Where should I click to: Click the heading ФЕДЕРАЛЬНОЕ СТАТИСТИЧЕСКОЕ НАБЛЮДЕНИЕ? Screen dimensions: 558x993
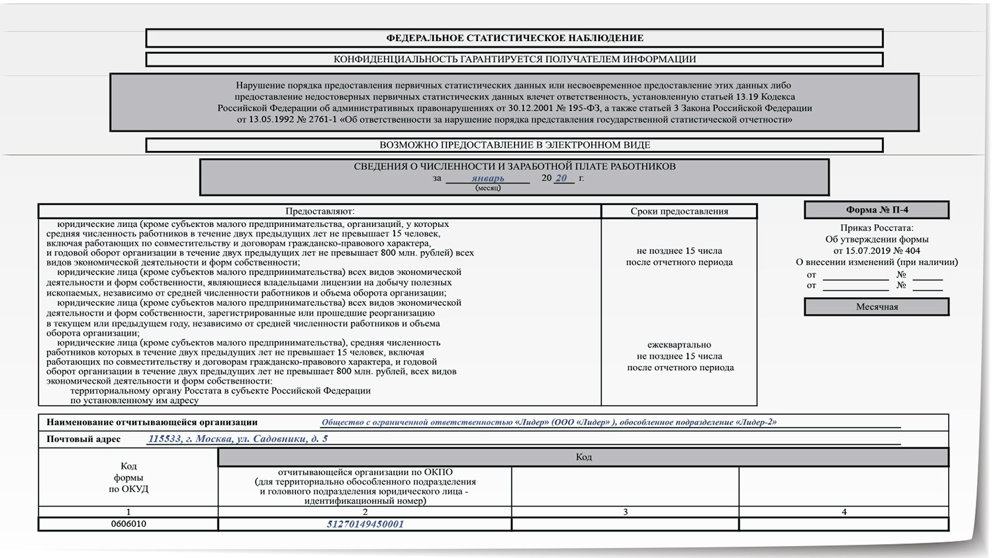tap(514, 38)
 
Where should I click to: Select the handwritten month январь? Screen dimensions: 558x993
tap(488, 178)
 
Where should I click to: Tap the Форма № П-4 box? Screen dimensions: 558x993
tap(876, 210)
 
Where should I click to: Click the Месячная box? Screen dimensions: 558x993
tap(876, 306)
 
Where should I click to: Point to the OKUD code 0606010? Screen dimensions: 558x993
tap(128, 524)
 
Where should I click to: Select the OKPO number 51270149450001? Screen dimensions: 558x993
tap(365, 524)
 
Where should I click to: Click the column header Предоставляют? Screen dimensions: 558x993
tap(320, 211)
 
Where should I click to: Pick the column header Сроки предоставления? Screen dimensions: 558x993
tap(679, 211)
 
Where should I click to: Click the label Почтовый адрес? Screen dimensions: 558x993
tap(83, 439)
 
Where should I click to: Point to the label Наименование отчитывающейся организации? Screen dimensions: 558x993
tap(152, 422)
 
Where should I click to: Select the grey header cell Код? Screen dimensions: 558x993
tap(583, 457)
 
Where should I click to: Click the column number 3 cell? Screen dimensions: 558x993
tap(625, 512)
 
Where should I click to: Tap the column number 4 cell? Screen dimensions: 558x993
tap(843, 512)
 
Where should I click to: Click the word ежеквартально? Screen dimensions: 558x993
tap(679, 345)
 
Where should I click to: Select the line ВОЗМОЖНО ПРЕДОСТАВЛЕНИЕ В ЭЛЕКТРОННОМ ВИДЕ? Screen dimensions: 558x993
tap(514, 145)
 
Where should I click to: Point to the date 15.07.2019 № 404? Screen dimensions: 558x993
tap(876, 251)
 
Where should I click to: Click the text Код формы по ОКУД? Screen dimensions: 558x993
tap(128, 477)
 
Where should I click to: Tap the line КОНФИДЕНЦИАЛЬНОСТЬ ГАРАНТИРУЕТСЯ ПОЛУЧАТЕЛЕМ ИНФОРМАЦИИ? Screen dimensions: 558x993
tap(514, 59)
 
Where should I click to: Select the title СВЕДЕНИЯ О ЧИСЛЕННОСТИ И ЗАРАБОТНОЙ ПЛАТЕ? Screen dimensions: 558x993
tap(514, 167)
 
